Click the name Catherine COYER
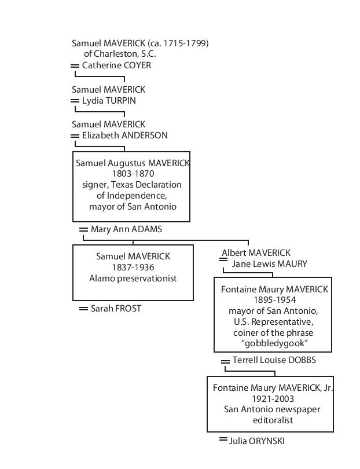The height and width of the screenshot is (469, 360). [x=116, y=65]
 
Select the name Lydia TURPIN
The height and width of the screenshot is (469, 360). [x=109, y=101]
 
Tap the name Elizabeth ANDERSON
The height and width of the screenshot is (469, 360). [x=124, y=135]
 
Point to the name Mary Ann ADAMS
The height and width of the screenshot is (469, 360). [x=126, y=229]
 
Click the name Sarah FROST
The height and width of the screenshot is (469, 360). [x=116, y=309]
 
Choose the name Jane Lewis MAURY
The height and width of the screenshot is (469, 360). [x=269, y=264]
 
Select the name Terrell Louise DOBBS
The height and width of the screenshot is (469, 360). [x=274, y=360]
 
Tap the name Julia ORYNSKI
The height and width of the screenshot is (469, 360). [x=257, y=441]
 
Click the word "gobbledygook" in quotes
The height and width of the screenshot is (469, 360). [x=274, y=343]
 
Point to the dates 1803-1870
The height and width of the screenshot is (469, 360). [x=133, y=174]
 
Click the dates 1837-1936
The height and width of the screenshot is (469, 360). [x=133, y=267]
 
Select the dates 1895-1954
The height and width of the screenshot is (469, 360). [x=275, y=300]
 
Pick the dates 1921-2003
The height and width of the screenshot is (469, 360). [x=273, y=399]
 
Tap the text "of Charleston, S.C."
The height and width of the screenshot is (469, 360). [x=120, y=54]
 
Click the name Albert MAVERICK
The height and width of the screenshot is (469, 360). [x=256, y=253]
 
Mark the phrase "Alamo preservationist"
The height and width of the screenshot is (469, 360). [x=133, y=279]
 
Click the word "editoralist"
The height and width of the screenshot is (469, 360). [x=273, y=420]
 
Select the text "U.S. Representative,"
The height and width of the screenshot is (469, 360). [x=274, y=322]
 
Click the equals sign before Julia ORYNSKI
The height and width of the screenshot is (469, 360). [x=223, y=439]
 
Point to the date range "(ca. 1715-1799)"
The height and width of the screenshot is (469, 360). [x=178, y=43]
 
